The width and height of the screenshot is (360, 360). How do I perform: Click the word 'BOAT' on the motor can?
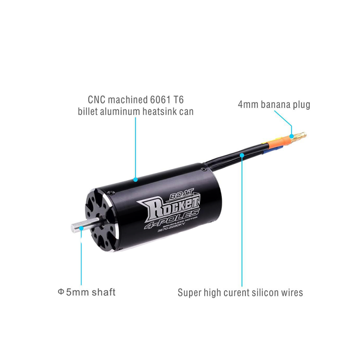point(181,194)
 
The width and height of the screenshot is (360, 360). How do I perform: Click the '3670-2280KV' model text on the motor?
point(171,229)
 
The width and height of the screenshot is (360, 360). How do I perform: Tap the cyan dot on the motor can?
point(135,180)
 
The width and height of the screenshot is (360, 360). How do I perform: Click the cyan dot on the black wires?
point(242,155)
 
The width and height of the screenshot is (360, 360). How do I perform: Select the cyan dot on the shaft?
point(81,228)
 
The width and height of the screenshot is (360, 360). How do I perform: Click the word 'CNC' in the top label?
point(96,100)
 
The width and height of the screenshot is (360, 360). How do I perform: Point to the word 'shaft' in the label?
point(103,292)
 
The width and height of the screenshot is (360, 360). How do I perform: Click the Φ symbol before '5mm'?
point(61,292)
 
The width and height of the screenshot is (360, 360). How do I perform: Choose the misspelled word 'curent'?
point(236,293)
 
